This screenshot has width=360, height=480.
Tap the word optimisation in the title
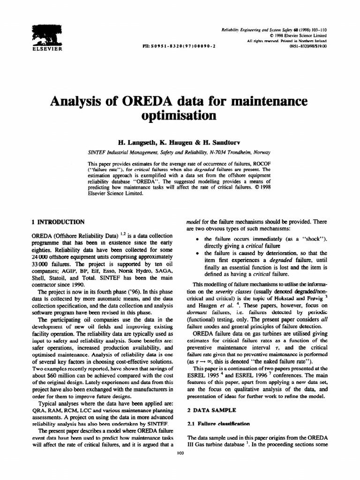point(180,114)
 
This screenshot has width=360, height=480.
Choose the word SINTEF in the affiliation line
point(97,152)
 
